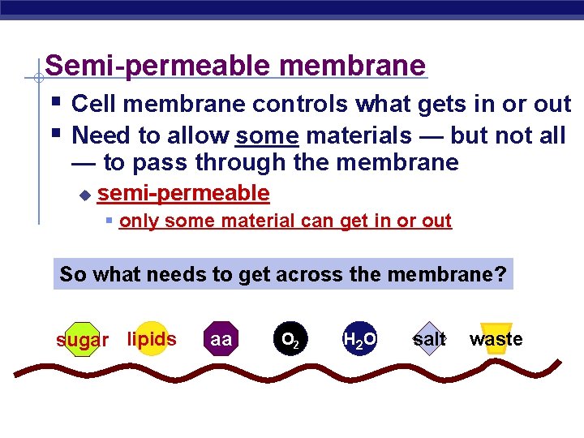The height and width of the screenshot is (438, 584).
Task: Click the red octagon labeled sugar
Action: tap(81, 340)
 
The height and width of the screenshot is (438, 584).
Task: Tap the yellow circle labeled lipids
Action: tap(152, 339)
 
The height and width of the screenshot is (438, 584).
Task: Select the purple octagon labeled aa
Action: tap(221, 339)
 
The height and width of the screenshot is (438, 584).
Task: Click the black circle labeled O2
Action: tap(289, 339)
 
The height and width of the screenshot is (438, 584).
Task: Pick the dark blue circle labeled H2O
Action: tap(359, 339)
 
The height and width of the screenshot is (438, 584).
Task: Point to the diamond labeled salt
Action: tap(429, 339)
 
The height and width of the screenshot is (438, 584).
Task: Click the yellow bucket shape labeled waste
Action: tap(496, 341)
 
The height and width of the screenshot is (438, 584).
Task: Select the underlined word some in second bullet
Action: tap(267, 135)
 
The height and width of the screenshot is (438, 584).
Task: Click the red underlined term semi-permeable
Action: tap(183, 193)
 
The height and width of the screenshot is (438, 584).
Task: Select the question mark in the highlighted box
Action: tap(501, 274)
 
